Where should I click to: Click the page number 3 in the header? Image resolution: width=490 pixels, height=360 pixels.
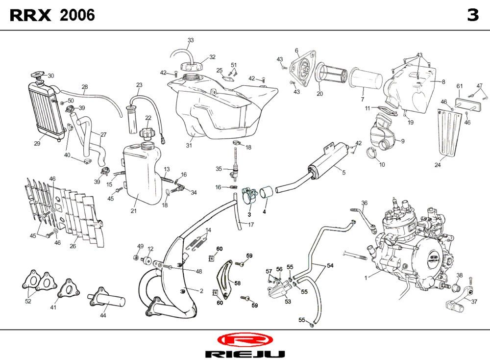[472, 16]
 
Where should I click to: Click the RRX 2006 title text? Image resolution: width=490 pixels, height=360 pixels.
[52, 16]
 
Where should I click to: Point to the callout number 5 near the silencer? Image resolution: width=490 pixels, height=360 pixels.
[343, 172]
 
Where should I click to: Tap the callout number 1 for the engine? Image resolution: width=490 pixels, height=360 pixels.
[366, 278]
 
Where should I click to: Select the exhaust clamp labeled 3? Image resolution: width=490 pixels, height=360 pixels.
[249, 196]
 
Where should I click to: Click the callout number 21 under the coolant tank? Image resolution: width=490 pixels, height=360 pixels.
[133, 211]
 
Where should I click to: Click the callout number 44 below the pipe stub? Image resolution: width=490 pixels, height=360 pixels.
[103, 316]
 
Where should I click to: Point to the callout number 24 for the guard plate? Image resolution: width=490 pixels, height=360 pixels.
[438, 165]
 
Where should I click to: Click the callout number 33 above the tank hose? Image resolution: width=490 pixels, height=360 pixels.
[191, 40]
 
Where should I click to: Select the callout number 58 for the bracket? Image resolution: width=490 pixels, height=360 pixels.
[237, 283]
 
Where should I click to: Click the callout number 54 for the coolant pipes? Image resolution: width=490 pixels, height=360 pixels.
[330, 265]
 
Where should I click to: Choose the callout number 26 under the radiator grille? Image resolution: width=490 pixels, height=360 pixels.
[73, 246]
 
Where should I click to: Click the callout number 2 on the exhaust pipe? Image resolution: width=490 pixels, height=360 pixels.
[201, 291]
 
